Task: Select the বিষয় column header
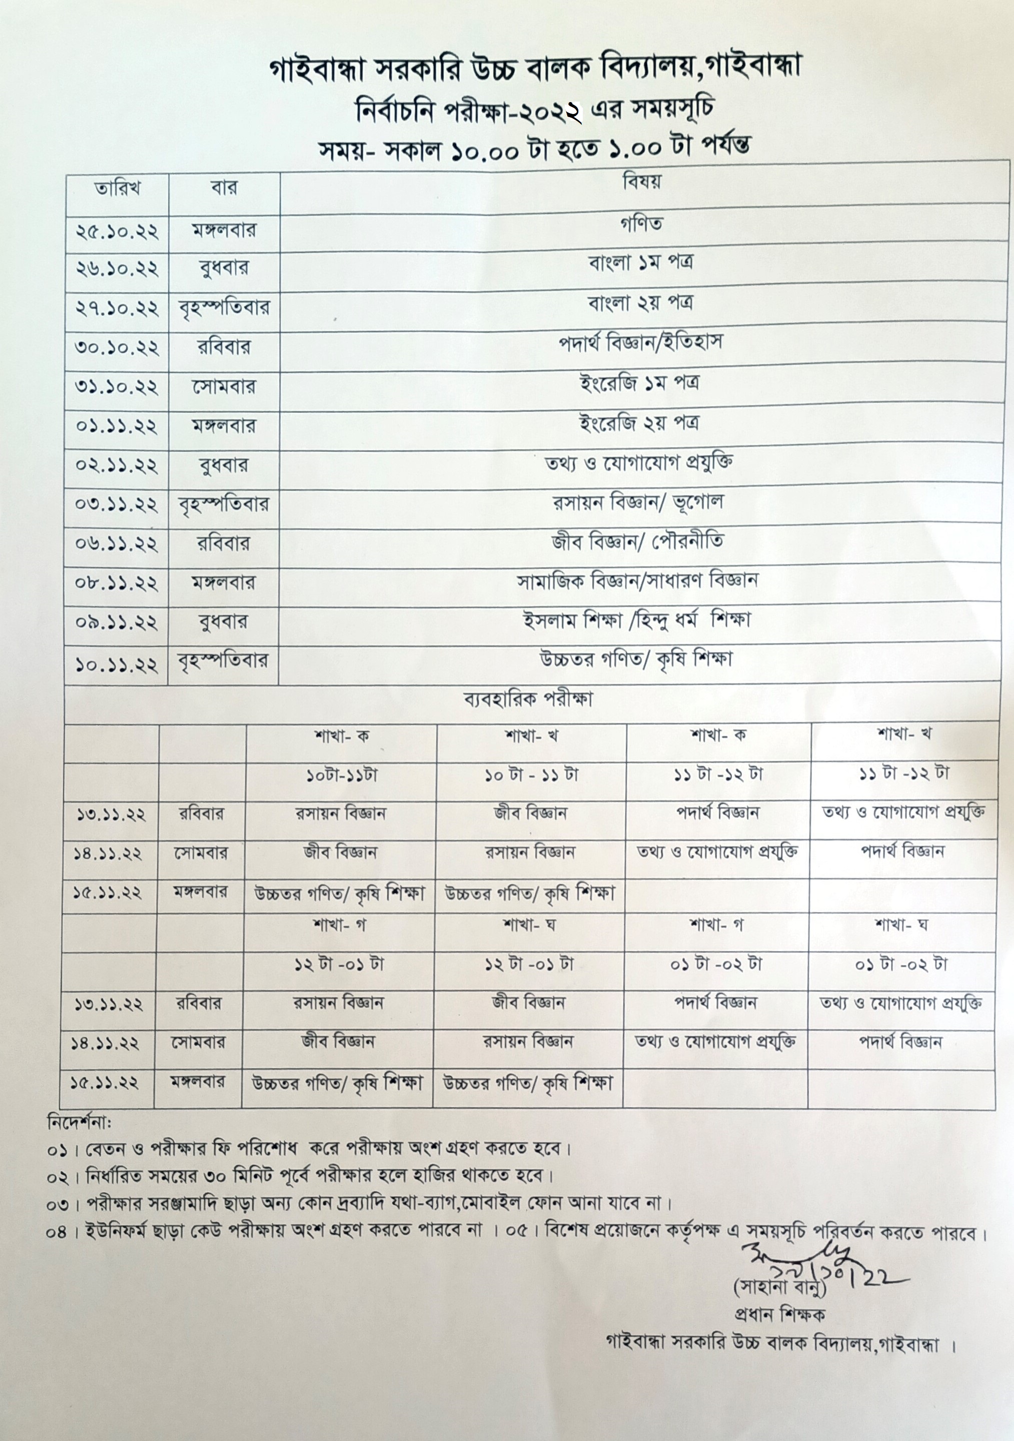point(641,183)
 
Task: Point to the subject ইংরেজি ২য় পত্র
point(639,423)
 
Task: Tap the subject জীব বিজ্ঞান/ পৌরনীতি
point(637,542)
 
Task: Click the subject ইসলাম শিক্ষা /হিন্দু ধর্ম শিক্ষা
point(636,621)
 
